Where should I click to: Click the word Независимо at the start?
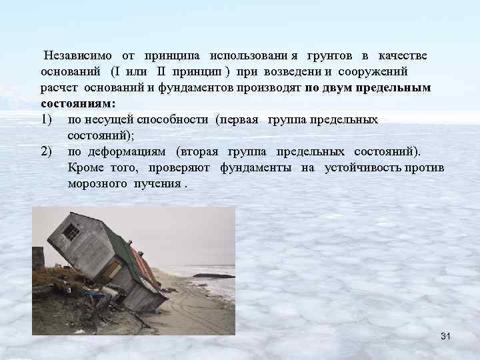[78, 54]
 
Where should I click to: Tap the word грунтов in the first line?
[329, 54]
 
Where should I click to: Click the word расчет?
[59, 87]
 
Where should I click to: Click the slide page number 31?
[446, 335]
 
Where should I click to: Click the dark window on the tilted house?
[70, 232]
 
